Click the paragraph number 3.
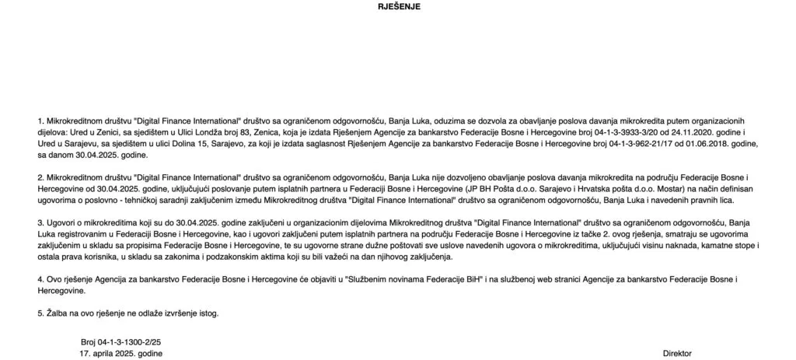(x=40, y=222)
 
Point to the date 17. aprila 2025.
(x=121, y=353)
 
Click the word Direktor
(x=677, y=353)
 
